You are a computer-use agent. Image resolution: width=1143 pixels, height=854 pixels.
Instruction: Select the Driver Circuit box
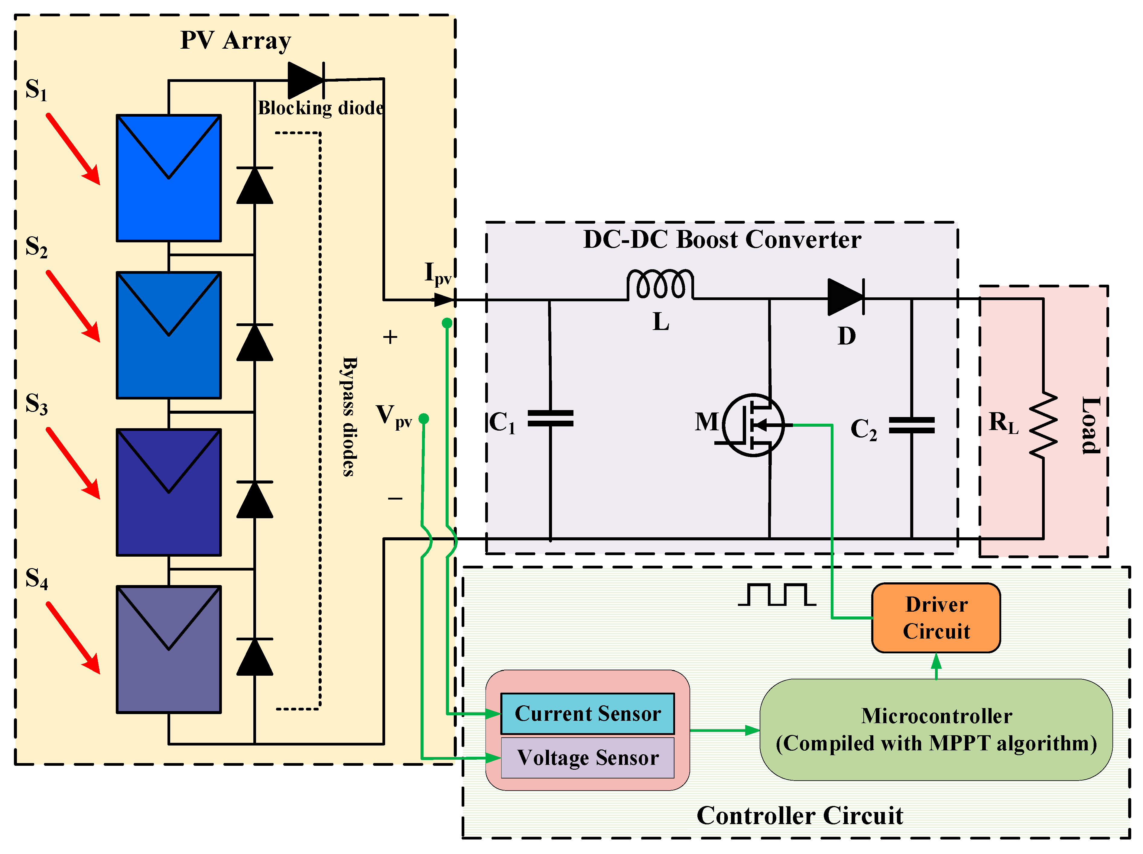pyautogui.click(x=936, y=618)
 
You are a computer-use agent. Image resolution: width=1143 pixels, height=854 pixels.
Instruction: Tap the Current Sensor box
pyautogui.click(x=587, y=713)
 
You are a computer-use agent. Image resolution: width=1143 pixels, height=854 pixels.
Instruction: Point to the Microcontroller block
pyautogui.click(x=936, y=729)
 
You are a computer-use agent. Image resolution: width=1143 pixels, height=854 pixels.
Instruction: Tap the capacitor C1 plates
pyautogui.click(x=550, y=419)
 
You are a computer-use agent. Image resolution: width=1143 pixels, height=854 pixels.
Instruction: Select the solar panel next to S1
pyautogui.click(x=169, y=178)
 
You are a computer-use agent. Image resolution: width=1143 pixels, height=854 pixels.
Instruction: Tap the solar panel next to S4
pyautogui.click(x=169, y=649)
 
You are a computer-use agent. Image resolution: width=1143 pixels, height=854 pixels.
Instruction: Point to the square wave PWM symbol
pyautogui.click(x=777, y=595)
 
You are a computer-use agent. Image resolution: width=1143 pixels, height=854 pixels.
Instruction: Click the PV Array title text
pyautogui.click(x=235, y=40)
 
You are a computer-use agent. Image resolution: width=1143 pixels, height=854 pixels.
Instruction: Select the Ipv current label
pyautogui.click(x=437, y=274)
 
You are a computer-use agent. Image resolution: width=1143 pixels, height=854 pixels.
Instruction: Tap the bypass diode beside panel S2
pyautogui.click(x=254, y=342)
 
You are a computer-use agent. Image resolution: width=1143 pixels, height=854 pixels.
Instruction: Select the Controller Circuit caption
pyautogui.click(x=799, y=816)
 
